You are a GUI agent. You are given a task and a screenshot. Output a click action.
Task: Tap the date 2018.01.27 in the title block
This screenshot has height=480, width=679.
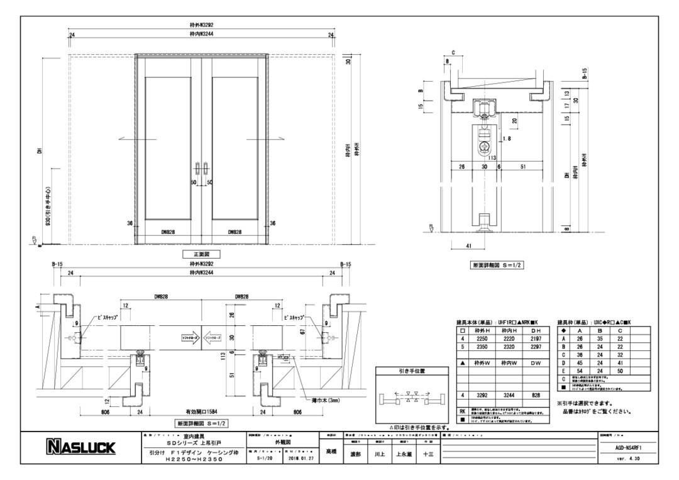coord(297,459)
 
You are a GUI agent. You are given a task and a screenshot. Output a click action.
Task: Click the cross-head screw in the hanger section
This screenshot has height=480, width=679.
coord(483,147)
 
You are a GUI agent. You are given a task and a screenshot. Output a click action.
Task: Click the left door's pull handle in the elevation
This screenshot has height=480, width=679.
coord(197,168)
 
